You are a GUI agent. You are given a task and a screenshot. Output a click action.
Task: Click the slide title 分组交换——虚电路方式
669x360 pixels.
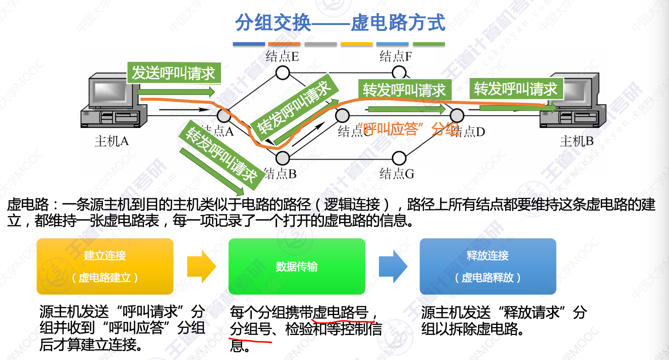click(x=340, y=22)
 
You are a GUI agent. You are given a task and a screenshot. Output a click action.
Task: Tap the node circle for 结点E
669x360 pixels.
click(x=282, y=73)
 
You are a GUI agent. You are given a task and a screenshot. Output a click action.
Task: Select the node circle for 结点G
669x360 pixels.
click(x=399, y=158)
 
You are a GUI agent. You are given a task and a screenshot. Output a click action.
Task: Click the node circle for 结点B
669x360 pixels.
click(x=282, y=158)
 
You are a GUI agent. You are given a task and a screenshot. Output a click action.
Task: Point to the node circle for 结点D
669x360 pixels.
click(x=457, y=115)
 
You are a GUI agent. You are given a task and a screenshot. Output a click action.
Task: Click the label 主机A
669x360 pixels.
click(x=111, y=141)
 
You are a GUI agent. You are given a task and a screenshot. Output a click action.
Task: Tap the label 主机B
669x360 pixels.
click(x=576, y=141)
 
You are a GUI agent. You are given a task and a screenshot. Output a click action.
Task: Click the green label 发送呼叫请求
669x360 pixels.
click(x=174, y=73)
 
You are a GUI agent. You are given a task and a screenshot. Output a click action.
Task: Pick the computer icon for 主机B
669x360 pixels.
click(x=572, y=102)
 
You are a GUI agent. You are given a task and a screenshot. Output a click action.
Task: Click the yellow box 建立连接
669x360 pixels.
click(x=105, y=266)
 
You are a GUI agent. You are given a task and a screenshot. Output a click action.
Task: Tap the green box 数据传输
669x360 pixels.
click(x=296, y=266)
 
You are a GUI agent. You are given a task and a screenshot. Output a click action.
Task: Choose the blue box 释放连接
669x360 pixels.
click(x=488, y=266)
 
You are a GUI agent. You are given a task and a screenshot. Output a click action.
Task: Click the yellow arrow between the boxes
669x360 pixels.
click(x=202, y=266)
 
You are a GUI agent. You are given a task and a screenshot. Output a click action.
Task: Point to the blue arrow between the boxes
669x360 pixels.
click(x=393, y=266)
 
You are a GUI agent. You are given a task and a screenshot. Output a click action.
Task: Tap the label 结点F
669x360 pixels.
click(x=395, y=56)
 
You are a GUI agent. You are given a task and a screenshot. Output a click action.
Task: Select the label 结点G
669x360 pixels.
click(x=397, y=174)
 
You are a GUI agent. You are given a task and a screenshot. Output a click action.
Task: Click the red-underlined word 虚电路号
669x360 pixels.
click(x=340, y=313)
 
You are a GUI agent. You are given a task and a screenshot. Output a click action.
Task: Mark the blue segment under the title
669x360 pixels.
click(x=249, y=44)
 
